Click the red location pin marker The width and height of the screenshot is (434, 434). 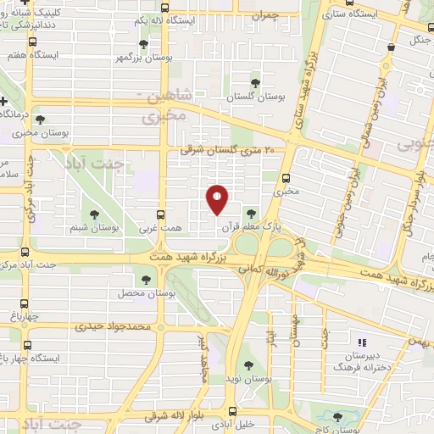(x=218, y=198)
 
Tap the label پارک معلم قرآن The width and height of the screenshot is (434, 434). (x=251, y=227)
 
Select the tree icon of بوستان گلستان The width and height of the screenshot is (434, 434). (x=255, y=83)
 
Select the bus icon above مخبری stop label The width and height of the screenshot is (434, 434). (x=284, y=178)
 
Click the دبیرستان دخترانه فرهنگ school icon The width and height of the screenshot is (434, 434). (x=362, y=343)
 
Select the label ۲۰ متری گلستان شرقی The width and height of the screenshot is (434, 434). (x=229, y=150)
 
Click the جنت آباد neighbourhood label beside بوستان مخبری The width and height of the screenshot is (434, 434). (x=114, y=164)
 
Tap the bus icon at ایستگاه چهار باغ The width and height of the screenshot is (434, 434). (x=28, y=345)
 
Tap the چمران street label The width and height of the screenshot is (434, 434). (x=266, y=14)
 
